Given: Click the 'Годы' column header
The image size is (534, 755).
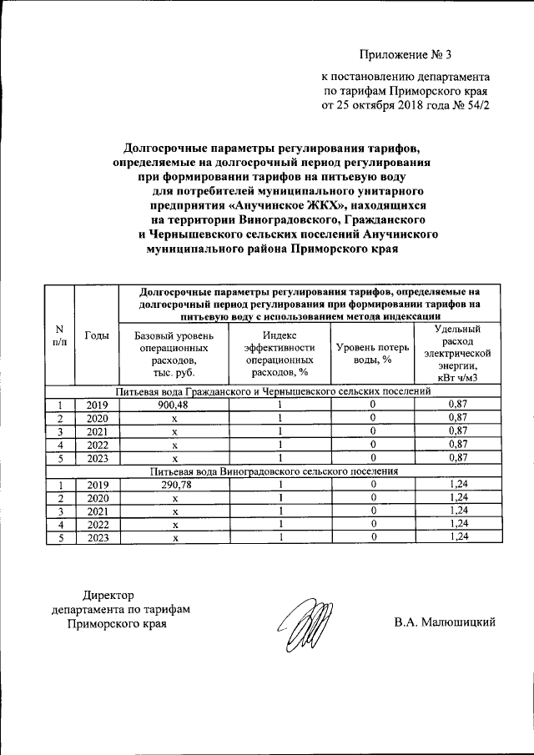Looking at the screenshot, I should [97, 335].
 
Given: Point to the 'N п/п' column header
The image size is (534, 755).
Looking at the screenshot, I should [59, 335].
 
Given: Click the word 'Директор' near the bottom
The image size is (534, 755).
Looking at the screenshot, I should [108, 595].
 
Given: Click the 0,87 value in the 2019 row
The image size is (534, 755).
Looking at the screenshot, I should [457, 405].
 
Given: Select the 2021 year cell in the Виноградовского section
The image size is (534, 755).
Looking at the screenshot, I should [97, 511].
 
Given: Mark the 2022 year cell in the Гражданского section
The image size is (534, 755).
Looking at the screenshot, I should [97, 445].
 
